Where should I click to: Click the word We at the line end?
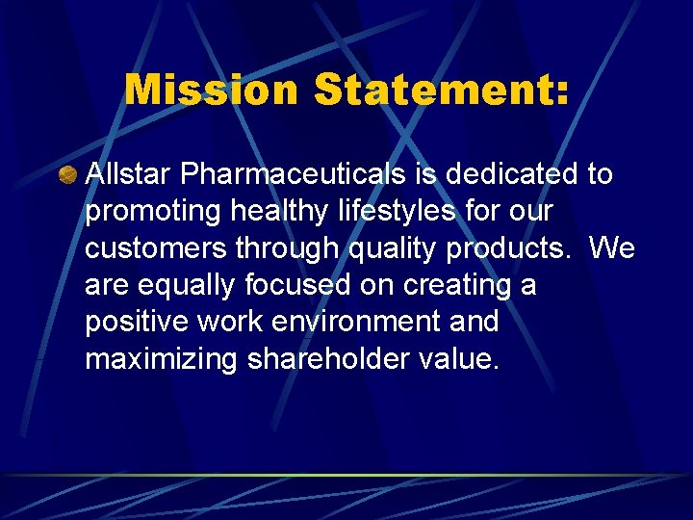(x=611, y=247)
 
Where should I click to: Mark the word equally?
(x=190, y=285)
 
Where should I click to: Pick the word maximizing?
(x=161, y=359)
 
